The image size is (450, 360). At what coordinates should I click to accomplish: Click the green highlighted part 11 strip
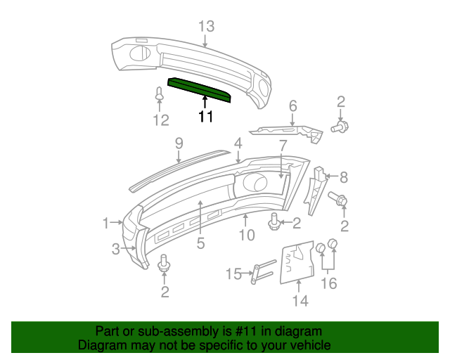point(199,89)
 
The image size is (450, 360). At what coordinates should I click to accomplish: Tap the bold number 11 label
point(206,117)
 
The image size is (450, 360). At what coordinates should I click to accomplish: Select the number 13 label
point(206,27)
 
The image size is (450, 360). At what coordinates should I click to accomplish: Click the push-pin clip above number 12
point(160,94)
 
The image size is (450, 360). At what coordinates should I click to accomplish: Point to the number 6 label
point(292,106)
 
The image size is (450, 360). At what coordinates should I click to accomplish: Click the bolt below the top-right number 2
point(340,127)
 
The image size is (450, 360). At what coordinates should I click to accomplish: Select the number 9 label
point(179,143)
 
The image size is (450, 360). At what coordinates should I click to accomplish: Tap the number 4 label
point(238,143)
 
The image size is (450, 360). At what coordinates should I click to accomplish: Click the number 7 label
point(283,146)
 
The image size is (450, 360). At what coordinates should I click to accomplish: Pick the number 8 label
point(344,178)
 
